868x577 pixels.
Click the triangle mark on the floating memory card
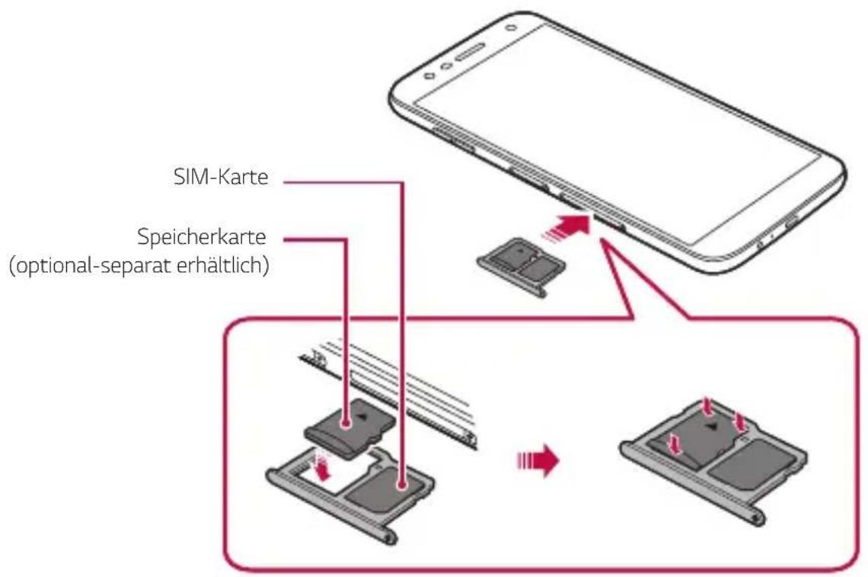tap(364, 417)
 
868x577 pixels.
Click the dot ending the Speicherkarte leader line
tap(347, 418)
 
